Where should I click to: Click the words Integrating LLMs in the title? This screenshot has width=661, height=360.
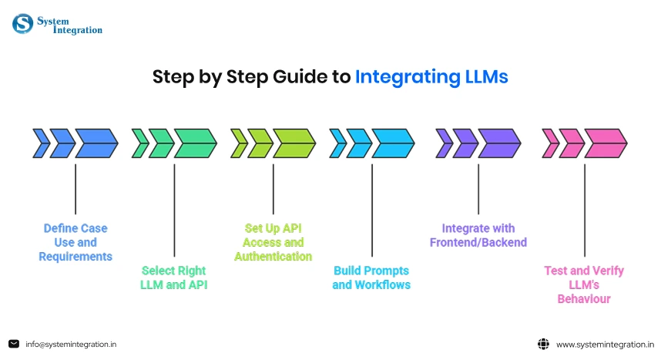pos(431,77)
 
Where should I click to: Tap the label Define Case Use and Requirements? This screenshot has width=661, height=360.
pos(75,242)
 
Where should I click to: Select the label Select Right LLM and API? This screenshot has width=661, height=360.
pos(174,278)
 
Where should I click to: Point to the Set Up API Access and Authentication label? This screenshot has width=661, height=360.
pos(273,242)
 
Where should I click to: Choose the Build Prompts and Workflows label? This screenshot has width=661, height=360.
pos(371,278)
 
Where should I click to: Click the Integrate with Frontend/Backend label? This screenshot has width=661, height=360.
pos(478,235)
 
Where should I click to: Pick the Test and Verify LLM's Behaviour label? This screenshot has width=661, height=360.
pos(584,284)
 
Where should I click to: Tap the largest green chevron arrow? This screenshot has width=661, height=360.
pos(196,143)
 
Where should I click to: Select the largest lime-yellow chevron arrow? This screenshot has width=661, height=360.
pos(294,143)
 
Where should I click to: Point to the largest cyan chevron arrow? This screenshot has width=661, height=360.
pos(393,143)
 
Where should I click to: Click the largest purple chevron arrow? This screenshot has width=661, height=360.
pos(500,143)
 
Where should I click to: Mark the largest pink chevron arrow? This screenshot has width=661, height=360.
pos(606,143)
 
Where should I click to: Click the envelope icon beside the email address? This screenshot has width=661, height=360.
pos(14,344)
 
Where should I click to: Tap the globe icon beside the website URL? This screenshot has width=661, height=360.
pos(542,344)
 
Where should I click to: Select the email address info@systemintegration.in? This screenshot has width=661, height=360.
pos(71,344)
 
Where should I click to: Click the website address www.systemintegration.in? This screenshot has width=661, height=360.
pos(605,344)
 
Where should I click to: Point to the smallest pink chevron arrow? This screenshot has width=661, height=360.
pos(550,143)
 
